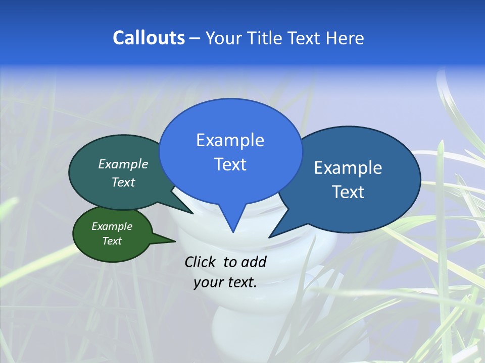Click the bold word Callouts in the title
[x=149, y=38]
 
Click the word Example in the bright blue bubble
[x=230, y=140]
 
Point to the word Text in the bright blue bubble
[x=230, y=164]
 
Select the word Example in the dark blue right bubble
[x=348, y=168]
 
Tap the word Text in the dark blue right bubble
[x=348, y=192]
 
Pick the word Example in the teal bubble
[x=123, y=164]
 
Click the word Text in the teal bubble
[x=123, y=182]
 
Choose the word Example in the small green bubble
[x=112, y=226]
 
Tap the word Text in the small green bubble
[x=112, y=241]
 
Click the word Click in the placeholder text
[x=201, y=262]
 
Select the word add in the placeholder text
[x=254, y=262]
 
